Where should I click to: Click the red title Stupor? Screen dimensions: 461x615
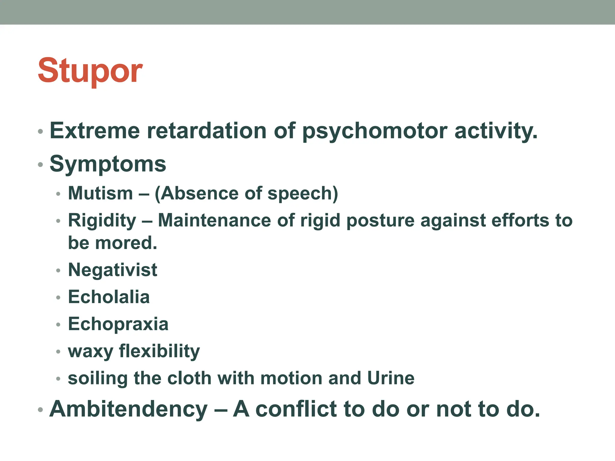(x=90, y=71)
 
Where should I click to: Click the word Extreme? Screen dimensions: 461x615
(x=95, y=131)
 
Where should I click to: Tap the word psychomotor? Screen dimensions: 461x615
(x=374, y=131)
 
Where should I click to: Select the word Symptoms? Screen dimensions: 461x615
(x=108, y=164)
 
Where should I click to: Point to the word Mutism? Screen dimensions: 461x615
(x=100, y=193)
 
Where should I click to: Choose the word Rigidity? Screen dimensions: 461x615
(x=102, y=221)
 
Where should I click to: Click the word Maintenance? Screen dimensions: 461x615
(x=214, y=221)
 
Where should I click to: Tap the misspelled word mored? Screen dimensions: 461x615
(x=126, y=243)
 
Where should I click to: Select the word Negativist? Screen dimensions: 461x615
(x=113, y=270)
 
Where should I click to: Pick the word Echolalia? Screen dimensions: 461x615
(x=109, y=297)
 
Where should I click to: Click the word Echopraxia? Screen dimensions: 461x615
(x=118, y=324)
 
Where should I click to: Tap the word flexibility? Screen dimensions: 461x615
(x=159, y=351)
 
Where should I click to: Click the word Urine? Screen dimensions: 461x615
(x=391, y=378)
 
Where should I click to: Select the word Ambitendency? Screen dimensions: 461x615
(x=129, y=409)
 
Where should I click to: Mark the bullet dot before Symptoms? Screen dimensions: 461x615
(x=41, y=164)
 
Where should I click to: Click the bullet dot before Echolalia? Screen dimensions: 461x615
(x=58, y=297)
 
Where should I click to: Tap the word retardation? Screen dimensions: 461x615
(x=207, y=131)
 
